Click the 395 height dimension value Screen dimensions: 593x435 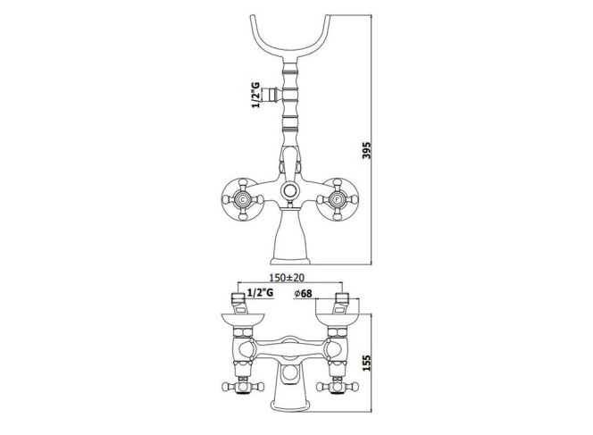366,150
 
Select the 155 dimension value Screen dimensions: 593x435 366,363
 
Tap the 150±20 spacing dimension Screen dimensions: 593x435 287,278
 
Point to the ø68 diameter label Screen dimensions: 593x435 303,293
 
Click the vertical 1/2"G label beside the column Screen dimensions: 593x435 256,95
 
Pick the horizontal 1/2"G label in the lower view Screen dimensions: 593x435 260,292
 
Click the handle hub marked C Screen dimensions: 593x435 242,199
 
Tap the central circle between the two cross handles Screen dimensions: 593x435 290,190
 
